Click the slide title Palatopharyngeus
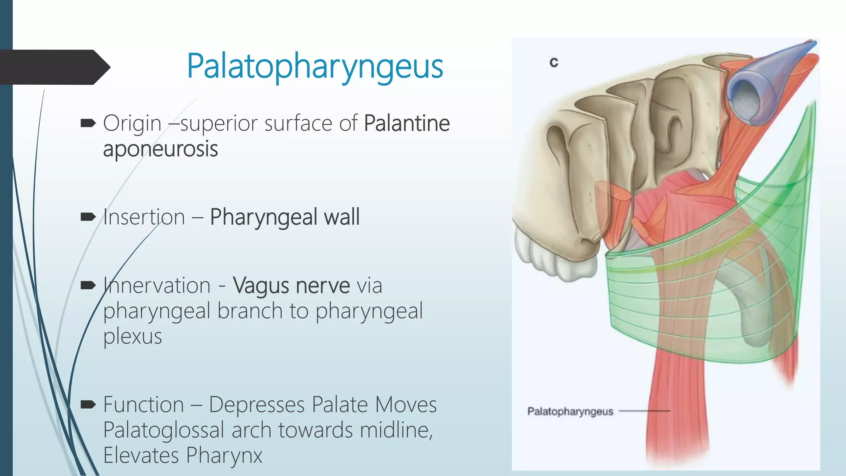coord(315,66)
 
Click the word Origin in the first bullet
coord(132,123)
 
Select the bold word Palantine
coord(407,123)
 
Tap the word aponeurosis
coord(160,149)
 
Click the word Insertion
coord(144,217)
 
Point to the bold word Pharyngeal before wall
coord(263,217)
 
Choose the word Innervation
coord(157,286)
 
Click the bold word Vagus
coord(261,286)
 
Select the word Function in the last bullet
coord(143,405)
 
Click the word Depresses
coord(257,405)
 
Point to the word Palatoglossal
coord(164,430)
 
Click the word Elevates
coord(141,456)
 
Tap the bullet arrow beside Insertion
coord(88,217)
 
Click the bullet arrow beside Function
coord(88,404)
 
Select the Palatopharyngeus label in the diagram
coord(570,412)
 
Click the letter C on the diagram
coord(554,62)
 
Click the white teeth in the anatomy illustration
coord(554,258)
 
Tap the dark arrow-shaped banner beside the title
coord(54,67)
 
